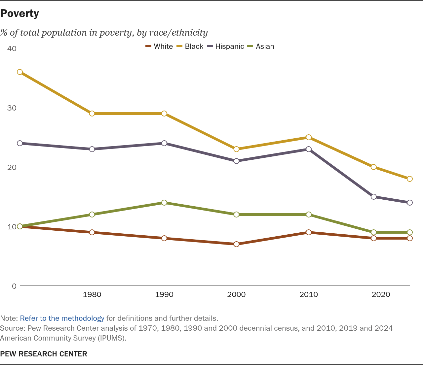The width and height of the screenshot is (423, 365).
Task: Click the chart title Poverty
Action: (19, 14)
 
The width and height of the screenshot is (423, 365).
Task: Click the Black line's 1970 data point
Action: (20, 72)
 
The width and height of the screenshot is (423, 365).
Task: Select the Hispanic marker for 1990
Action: (164, 143)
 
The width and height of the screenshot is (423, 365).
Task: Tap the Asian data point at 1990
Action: (164, 203)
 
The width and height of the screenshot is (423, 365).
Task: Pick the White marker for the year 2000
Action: (236, 244)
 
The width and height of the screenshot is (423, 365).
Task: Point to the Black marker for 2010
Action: (309, 137)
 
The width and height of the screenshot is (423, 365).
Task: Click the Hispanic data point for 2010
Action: (309, 149)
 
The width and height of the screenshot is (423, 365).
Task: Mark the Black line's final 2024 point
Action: (410, 179)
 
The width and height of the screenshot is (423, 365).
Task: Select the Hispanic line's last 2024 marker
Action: (410, 203)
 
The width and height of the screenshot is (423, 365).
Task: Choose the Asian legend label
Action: (265, 47)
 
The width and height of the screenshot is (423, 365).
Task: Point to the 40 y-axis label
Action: (12, 49)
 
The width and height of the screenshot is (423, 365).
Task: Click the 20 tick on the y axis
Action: (12, 167)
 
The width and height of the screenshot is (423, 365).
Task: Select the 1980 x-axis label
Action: (92, 294)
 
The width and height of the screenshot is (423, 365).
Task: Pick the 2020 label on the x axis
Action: (381, 294)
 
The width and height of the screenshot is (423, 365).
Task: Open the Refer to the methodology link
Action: (62, 318)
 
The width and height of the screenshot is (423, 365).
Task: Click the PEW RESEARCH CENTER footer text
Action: (44, 354)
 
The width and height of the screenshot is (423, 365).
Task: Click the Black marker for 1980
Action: (92, 114)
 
